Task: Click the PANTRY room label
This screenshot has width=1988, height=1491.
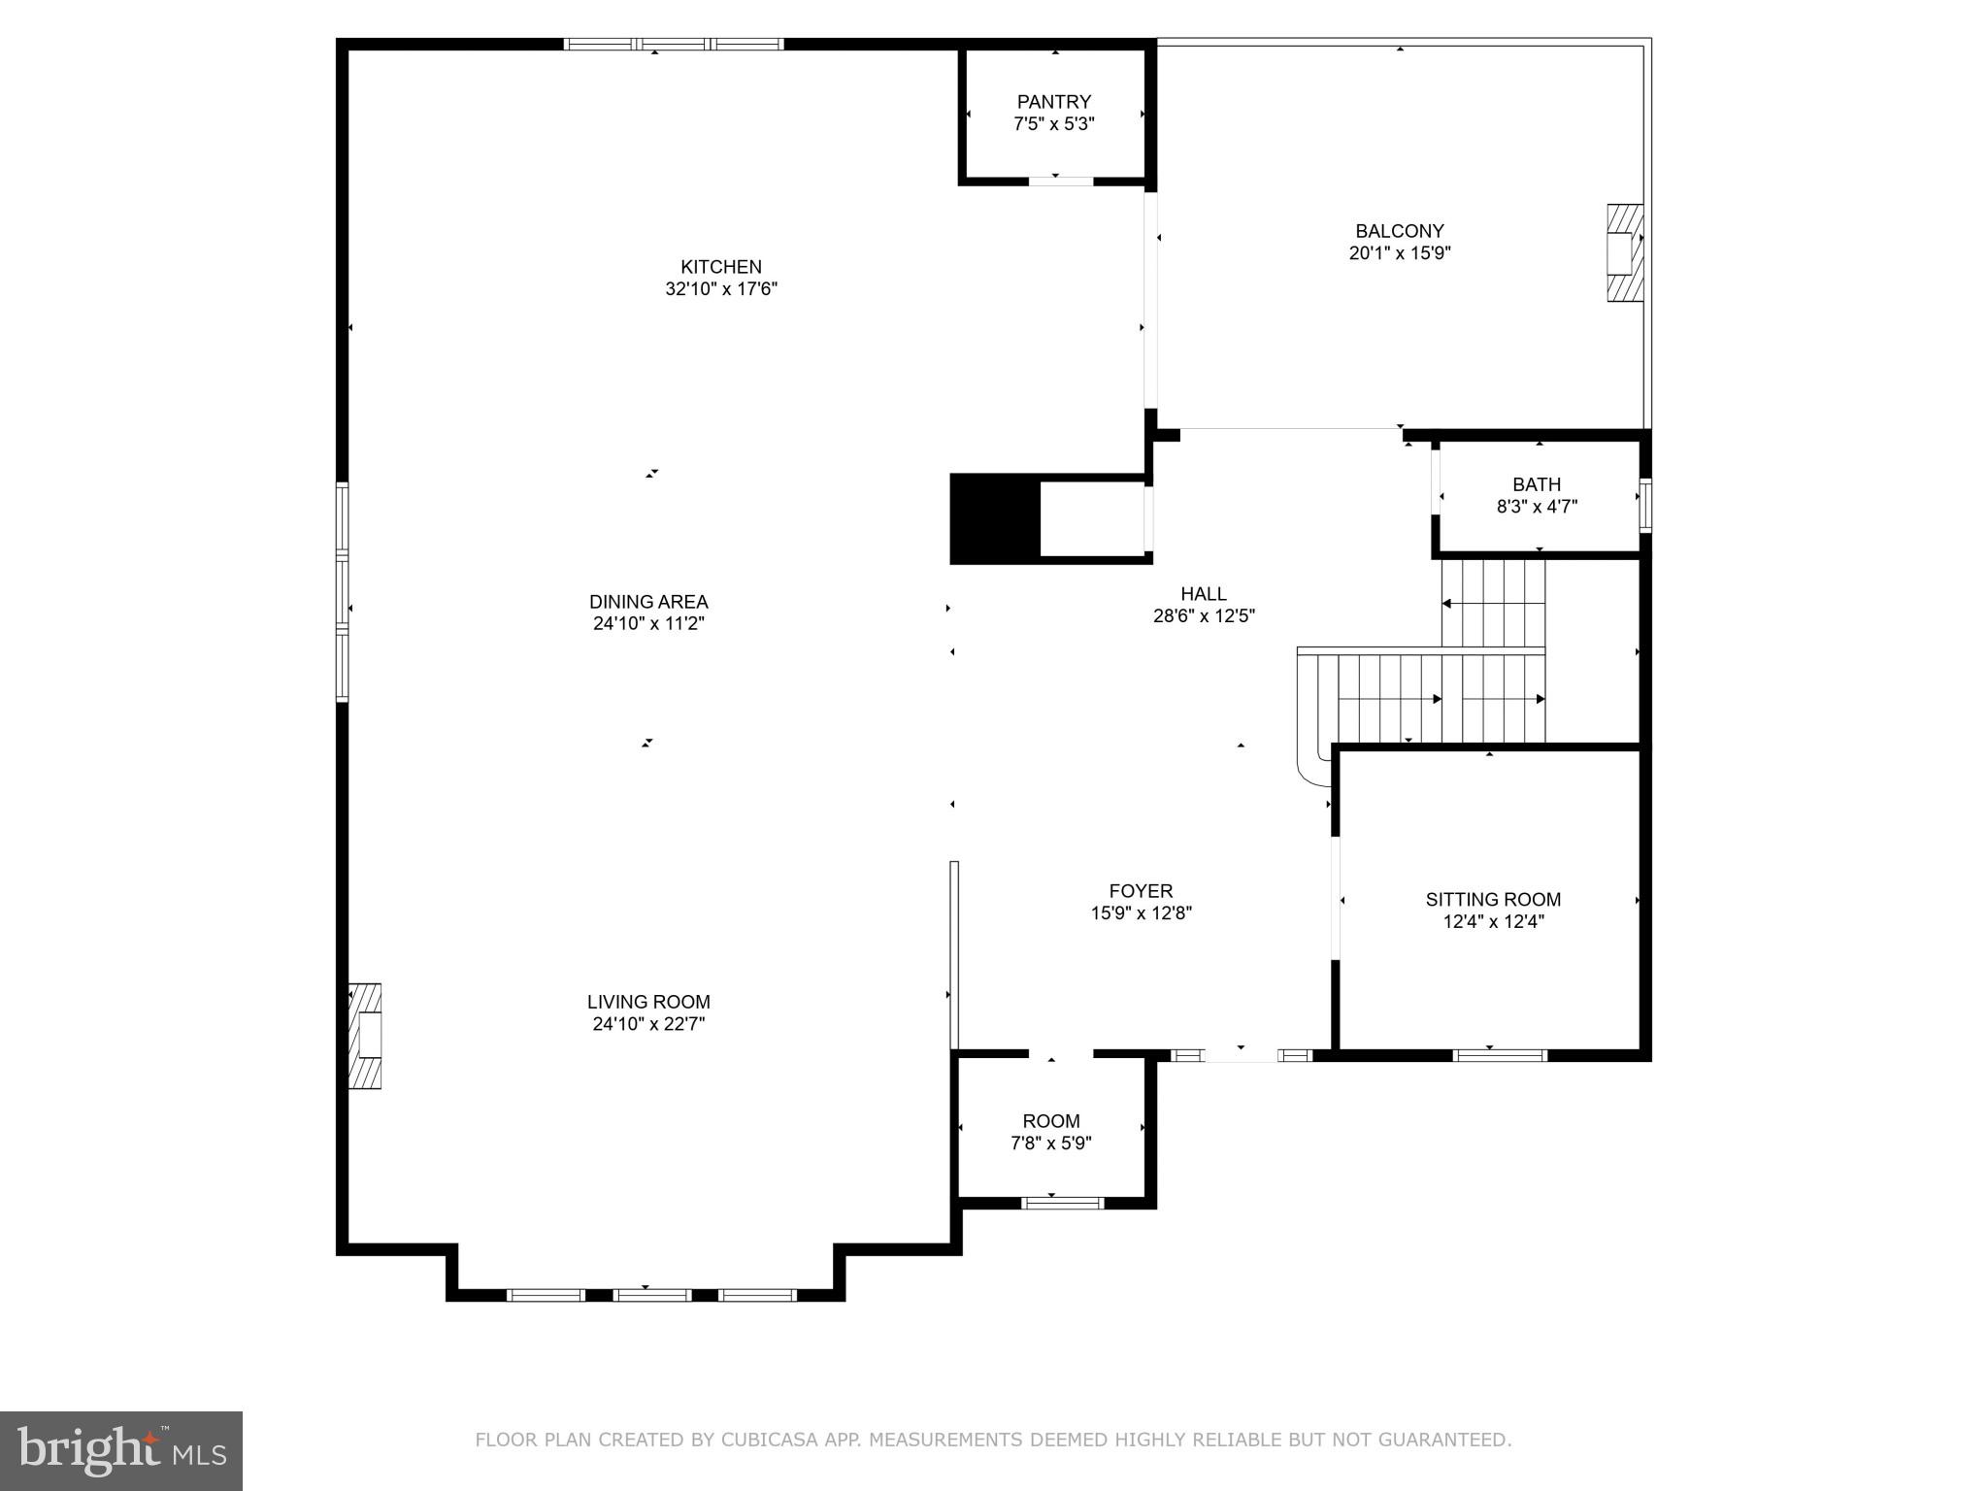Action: coord(1053,102)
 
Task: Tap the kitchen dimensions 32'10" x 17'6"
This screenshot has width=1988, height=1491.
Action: coord(721,289)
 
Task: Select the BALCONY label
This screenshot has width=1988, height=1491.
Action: coord(1399,231)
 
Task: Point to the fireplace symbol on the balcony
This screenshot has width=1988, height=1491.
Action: coord(1624,252)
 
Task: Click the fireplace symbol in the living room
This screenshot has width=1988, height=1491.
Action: coord(366,1036)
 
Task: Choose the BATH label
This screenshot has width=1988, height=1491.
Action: coord(1537,484)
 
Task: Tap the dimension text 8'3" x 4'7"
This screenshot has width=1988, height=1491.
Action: coord(1537,507)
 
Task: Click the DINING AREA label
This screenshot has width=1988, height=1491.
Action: coord(648,602)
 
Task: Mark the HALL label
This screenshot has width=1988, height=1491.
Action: coord(1203,594)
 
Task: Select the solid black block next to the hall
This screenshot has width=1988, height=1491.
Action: coord(994,518)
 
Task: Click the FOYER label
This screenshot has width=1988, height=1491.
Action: coord(1141,891)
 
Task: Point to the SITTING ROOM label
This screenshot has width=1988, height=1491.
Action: coord(1493,900)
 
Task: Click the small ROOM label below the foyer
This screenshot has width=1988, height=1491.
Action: coord(1050,1121)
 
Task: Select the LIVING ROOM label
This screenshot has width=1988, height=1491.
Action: coord(648,1002)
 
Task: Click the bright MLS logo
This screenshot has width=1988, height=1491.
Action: coord(120,1450)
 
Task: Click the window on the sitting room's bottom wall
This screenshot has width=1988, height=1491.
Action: coord(1499,1055)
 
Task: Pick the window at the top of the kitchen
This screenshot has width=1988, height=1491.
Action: coord(674,44)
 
